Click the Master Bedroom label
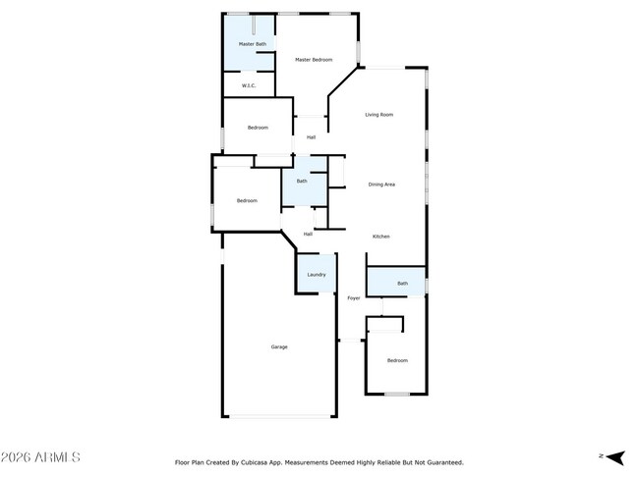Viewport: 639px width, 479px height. (x=314, y=60)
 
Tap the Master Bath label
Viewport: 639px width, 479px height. (x=253, y=44)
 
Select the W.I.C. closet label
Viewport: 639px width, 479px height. (x=249, y=85)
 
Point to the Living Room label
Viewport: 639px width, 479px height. (x=379, y=115)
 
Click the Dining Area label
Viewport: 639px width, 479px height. (x=381, y=185)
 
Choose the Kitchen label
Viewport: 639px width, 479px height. (x=381, y=237)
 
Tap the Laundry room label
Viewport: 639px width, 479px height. (x=317, y=275)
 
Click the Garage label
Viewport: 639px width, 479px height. (x=279, y=347)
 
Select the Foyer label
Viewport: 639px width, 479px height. (x=353, y=298)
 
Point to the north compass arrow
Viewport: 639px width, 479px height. (x=615, y=457)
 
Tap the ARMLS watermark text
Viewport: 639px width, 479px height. (x=57, y=457)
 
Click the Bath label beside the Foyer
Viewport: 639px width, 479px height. (x=402, y=284)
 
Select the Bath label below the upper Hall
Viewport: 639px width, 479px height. (x=302, y=182)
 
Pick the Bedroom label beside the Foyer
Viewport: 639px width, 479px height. (x=397, y=360)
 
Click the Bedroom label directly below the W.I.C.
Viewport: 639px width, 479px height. (x=258, y=128)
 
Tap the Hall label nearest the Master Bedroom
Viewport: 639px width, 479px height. (x=311, y=137)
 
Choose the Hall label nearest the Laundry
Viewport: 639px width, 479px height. (x=308, y=234)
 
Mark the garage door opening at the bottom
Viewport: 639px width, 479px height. (x=279, y=416)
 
